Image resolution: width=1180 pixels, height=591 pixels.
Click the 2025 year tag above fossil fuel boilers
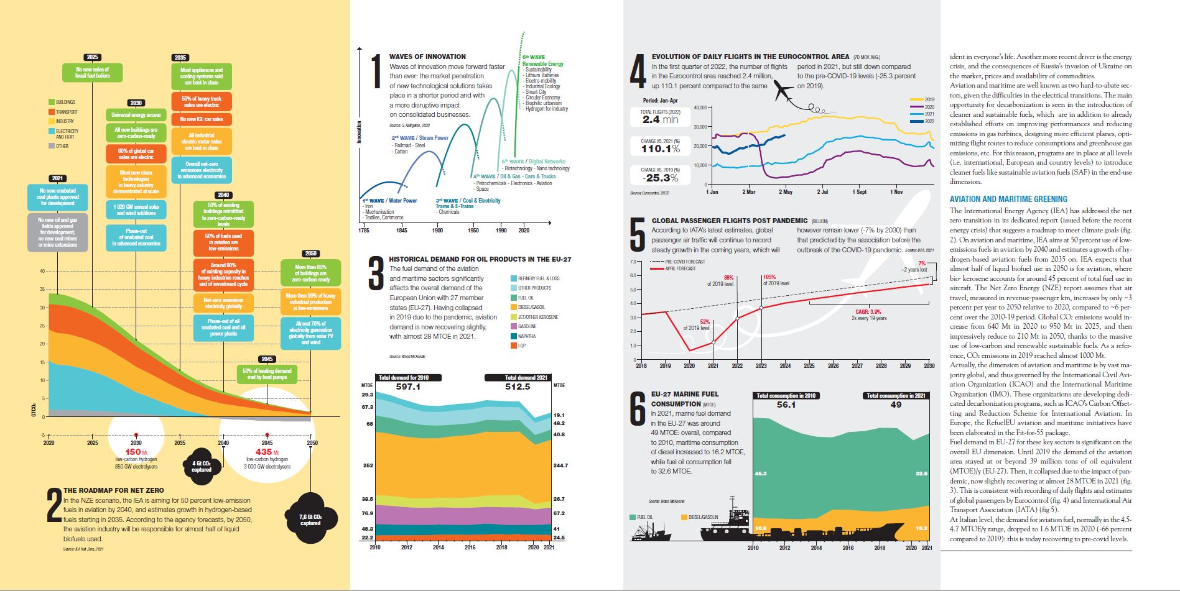tap(93, 57)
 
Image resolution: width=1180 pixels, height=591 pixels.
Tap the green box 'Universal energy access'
tap(136, 115)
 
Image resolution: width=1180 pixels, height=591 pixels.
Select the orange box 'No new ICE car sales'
tap(202, 119)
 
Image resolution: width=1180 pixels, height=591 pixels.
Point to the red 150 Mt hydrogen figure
tap(134, 452)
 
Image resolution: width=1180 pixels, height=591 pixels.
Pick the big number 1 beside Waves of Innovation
tap(376, 73)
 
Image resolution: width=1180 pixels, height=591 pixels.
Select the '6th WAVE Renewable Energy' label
tap(542, 61)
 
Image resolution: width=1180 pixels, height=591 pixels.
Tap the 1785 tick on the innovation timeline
tap(364, 231)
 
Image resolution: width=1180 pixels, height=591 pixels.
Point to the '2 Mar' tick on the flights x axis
tap(749, 193)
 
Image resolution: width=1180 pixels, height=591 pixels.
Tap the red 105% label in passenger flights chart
tap(769, 277)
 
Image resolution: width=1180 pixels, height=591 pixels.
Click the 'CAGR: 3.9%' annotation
tap(868, 312)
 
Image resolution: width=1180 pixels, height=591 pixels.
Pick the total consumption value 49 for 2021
tap(896, 405)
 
